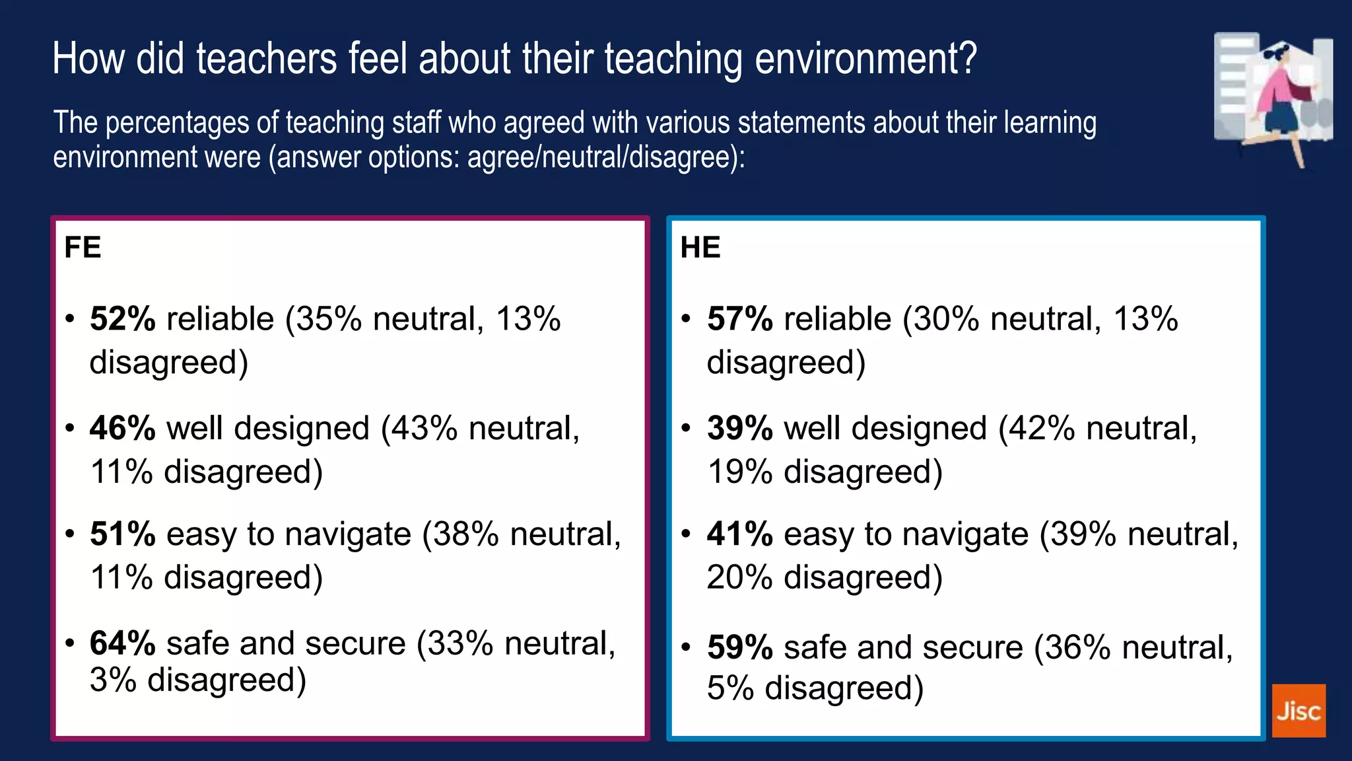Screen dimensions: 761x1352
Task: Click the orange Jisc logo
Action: click(1298, 711)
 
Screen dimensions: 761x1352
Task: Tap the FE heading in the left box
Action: click(83, 248)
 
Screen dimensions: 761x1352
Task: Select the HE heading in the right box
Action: click(700, 248)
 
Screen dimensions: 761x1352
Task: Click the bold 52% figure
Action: click(123, 319)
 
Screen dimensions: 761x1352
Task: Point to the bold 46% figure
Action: click(123, 429)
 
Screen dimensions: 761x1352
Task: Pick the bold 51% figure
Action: click(123, 534)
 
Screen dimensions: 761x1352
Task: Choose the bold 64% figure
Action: click(123, 643)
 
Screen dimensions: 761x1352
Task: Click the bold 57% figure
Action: click(740, 319)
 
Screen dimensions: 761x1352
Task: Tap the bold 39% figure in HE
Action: click(740, 429)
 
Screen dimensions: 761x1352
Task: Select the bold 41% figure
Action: click(740, 534)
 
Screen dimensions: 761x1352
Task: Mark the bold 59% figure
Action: click(740, 647)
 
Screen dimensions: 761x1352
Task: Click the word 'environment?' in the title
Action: click(865, 59)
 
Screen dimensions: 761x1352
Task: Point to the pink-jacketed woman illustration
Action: click(1281, 99)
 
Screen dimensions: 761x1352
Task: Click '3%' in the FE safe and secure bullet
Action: click(112, 680)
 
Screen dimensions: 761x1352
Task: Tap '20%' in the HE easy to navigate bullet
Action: click(739, 578)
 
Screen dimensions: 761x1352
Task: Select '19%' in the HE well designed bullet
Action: click(739, 472)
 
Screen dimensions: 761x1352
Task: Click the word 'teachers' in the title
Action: click(267, 59)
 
